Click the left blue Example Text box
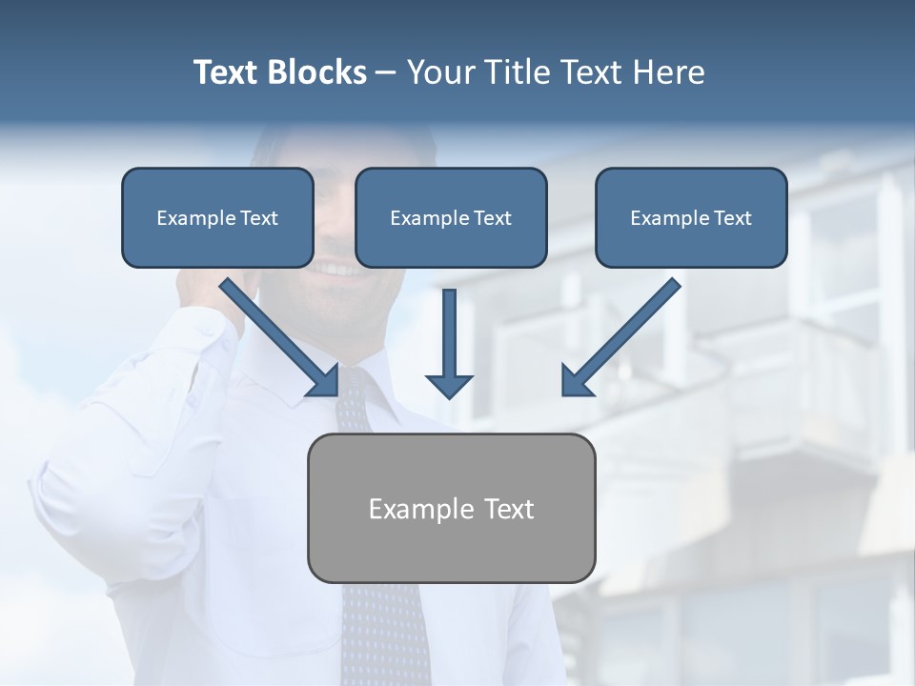(x=217, y=217)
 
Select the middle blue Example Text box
(x=451, y=217)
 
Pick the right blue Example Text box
(x=691, y=217)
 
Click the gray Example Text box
(x=451, y=508)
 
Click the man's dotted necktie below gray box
(x=386, y=629)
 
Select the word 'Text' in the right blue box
(x=732, y=218)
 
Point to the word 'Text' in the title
(x=226, y=72)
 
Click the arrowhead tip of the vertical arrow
(x=449, y=395)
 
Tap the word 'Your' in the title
(x=437, y=72)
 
